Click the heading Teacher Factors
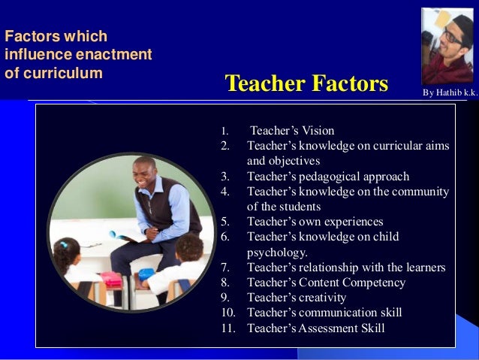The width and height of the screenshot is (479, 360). pos(306,84)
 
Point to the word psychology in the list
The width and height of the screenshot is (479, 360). pos(277,253)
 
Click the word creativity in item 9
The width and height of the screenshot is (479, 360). pos(324,298)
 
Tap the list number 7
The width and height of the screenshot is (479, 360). pos(224,268)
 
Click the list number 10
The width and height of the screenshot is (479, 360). pos(227,313)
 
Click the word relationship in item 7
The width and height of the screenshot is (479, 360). pos(336,268)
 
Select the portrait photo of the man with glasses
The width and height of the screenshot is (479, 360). pos(447,46)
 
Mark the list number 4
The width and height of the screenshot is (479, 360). pos(224,192)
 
